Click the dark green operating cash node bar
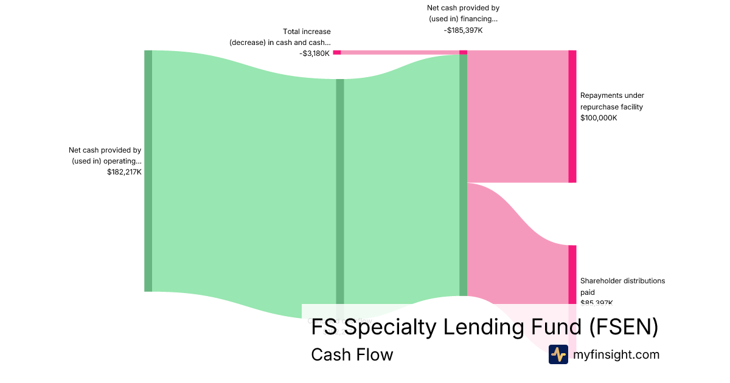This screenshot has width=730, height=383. [x=148, y=171]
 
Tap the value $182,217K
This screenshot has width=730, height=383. [x=124, y=172]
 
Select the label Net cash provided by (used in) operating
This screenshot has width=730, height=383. [x=105, y=156]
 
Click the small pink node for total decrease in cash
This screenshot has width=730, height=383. [x=336, y=52]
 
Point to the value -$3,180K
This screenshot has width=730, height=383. [x=315, y=53]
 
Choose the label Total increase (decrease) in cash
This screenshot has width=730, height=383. [x=280, y=36]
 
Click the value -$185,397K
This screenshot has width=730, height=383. [x=463, y=30]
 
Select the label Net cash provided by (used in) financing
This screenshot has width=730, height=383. [x=463, y=13]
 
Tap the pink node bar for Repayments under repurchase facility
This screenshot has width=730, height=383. [x=572, y=116]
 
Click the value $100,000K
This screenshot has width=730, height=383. [x=599, y=118]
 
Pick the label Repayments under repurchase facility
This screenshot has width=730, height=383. [x=611, y=101]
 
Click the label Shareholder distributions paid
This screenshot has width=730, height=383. [x=622, y=286]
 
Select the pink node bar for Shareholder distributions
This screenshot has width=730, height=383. [x=572, y=274]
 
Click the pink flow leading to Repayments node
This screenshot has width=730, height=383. [x=517, y=116]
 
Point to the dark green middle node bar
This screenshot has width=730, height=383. [x=340, y=182]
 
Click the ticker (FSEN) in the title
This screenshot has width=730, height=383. [x=624, y=327]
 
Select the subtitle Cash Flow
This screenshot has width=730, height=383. [x=352, y=354]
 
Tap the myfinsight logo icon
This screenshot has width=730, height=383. [x=558, y=354]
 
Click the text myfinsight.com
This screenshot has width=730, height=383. [x=616, y=354]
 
